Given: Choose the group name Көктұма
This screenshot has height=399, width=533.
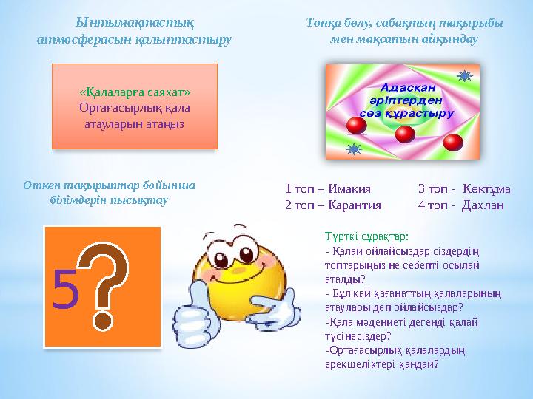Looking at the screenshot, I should click(486, 189).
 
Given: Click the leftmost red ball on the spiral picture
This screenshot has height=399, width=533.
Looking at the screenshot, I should click(357, 126).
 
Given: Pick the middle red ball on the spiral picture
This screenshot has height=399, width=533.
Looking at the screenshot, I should click(404, 134).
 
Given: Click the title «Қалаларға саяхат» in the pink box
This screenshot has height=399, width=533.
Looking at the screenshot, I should click(135, 92).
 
